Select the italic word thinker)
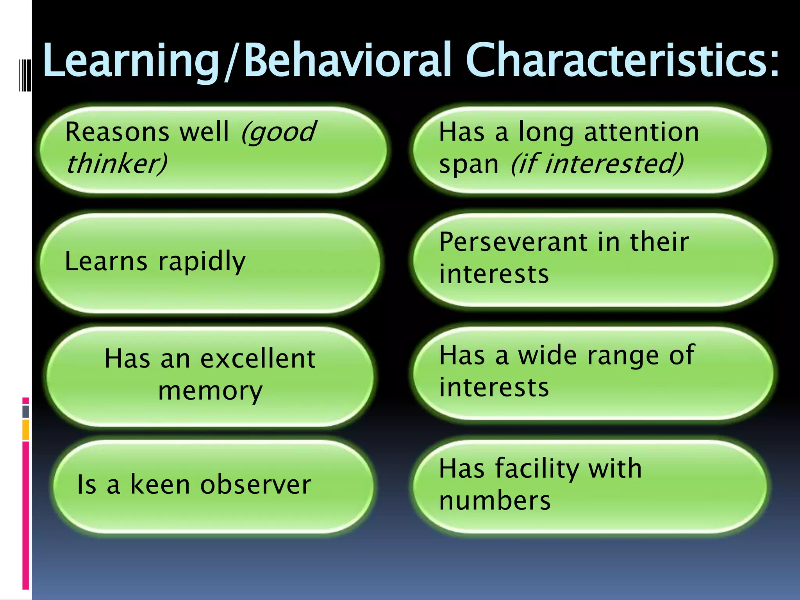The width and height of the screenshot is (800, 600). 116,163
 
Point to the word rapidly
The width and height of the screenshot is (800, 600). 202,262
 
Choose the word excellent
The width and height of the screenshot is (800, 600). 258,359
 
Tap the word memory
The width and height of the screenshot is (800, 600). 210,391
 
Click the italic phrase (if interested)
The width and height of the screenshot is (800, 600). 597,163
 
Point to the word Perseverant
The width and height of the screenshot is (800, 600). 514,242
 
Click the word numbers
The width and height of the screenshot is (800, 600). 495,501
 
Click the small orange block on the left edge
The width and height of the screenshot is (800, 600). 26,430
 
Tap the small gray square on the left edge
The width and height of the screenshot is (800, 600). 26,411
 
